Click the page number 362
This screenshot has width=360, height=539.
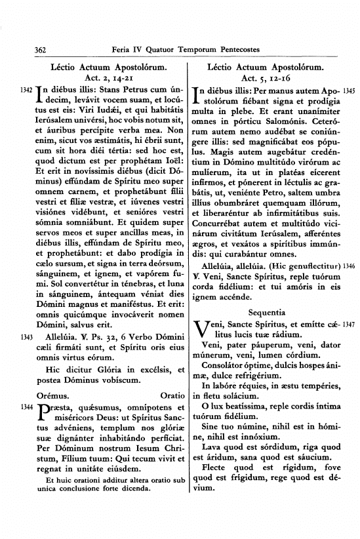click(x=25, y=49)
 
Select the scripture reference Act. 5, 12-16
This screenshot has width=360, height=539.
click(x=263, y=77)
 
